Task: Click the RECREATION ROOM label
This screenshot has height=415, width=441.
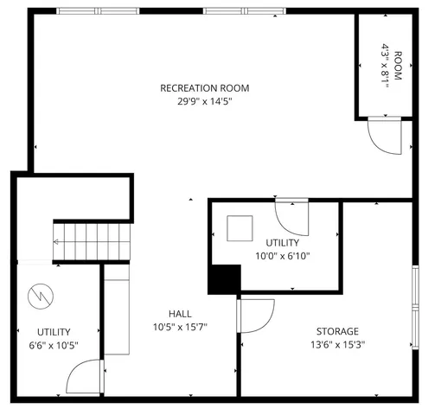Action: [x=204, y=87]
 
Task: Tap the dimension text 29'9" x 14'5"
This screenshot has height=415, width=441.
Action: [x=204, y=100]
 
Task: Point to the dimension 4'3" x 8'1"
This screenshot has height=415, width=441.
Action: [x=385, y=65]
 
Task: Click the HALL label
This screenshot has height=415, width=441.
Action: [x=180, y=313]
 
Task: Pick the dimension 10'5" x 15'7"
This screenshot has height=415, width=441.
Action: [x=180, y=326]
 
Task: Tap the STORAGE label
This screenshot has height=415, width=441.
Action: [x=336, y=331]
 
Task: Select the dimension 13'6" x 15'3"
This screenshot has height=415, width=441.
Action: [x=336, y=344]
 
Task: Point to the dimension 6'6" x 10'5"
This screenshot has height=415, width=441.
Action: [x=54, y=344]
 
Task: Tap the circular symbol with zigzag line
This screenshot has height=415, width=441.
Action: [x=39, y=296]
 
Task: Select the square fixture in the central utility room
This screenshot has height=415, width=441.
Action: [x=240, y=228]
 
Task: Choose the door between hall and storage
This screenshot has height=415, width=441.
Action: [x=256, y=316]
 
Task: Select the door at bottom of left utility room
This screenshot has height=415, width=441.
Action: [x=85, y=377]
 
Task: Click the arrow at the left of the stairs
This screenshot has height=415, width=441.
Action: [x=58, y=244]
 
